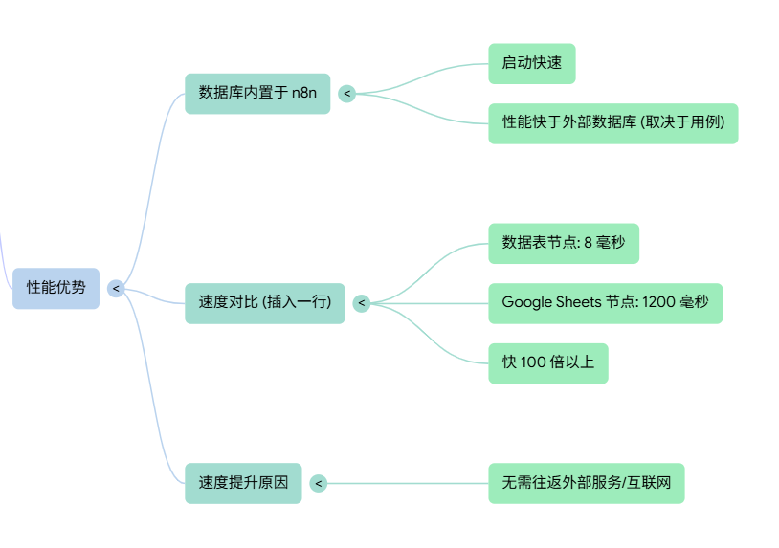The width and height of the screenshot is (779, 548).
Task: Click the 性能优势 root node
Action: pyautogui.click(x=56, y=288)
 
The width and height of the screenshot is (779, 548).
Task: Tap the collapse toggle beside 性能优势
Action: pyautogui.click(x=116, y=288)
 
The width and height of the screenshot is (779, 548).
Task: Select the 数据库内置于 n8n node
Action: pyautogui.click(x=256, y=94)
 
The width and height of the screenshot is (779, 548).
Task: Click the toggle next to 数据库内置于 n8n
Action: pyautogui.click(x=346, y=94)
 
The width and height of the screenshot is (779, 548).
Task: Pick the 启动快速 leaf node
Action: pyautogui.click(x=531, y=63)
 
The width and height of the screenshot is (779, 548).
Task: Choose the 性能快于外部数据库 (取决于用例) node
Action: pyautogui.click(x=612, y=123)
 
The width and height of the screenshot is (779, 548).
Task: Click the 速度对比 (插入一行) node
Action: pyautogui.click(x=264, y=303)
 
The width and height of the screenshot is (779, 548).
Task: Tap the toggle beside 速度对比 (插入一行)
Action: pyautogui.click(x=361, y=303)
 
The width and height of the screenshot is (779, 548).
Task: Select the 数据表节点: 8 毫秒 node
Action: pyautogui.click(x=563, y=243)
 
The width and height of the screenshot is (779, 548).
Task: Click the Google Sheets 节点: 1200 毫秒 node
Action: pyautogui.click(x=605, y=303)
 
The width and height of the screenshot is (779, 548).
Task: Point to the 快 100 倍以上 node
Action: pyautogui.click(x=547, y=363)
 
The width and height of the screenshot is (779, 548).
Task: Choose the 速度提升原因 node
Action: pyautogui.click(x=243, y=483)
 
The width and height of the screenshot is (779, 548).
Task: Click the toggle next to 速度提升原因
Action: pyautogui.click(x=319, y=483)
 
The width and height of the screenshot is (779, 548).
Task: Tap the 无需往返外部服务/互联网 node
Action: pyautogui.click(x=586, y=483)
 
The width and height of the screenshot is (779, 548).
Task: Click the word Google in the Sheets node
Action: pyautogui.click(x=526, y=303)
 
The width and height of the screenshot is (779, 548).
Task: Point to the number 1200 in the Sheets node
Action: pyautogui.click(x=657, y=303)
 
